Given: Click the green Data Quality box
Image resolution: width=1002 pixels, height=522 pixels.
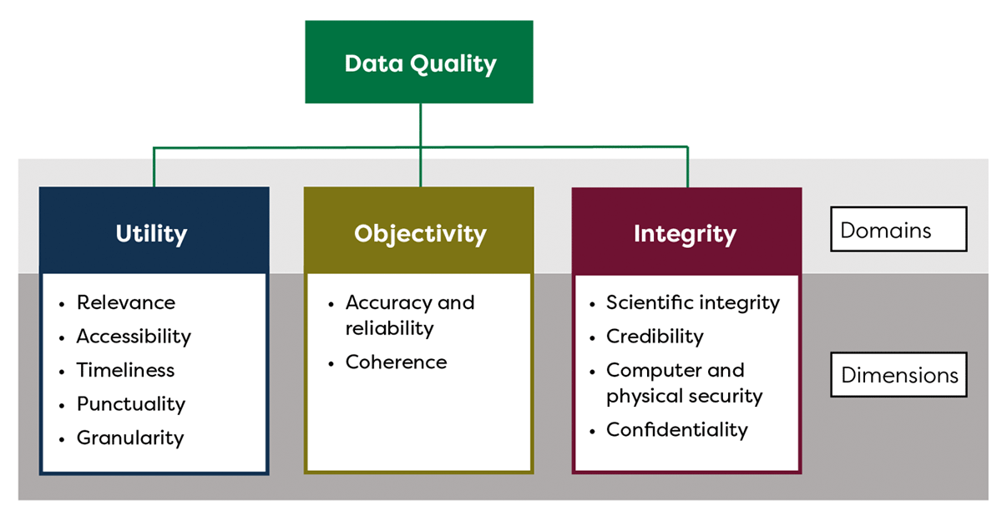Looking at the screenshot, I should point(419,63).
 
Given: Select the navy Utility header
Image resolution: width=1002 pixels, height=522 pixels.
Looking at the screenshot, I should point(152,233).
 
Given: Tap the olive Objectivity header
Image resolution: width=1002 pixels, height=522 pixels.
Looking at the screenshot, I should point(419,233).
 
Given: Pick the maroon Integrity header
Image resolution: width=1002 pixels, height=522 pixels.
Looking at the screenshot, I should point(685,233).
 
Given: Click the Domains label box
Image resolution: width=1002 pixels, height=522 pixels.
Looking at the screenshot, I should point(898,229).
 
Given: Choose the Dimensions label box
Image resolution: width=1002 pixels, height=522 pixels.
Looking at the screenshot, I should point(898,375).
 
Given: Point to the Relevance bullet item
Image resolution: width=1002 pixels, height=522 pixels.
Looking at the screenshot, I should point(126,302).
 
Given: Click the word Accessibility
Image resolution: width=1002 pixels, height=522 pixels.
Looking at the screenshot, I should point(134,337).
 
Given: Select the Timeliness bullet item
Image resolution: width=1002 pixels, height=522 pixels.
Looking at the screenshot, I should point(125,370).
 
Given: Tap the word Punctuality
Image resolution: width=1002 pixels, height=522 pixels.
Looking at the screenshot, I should point(131,404).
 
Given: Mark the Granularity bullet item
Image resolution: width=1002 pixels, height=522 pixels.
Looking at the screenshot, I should point(130,438).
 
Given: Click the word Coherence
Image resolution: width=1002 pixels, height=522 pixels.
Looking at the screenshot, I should point(396,362).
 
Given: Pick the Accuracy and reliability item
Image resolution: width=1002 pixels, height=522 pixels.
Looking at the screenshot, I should point(409,315).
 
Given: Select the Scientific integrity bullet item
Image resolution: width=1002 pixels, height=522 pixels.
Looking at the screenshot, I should point(693,302).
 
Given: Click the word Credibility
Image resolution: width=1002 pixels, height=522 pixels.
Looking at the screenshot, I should point(655,337).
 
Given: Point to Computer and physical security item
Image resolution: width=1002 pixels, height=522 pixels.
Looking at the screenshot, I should point(684,383).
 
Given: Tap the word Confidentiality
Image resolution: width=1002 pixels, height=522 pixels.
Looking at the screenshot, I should point(676,430).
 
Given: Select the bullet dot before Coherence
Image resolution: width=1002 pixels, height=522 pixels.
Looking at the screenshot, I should point(331,363).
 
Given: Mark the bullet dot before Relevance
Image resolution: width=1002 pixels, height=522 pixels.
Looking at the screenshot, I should point(63,304).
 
